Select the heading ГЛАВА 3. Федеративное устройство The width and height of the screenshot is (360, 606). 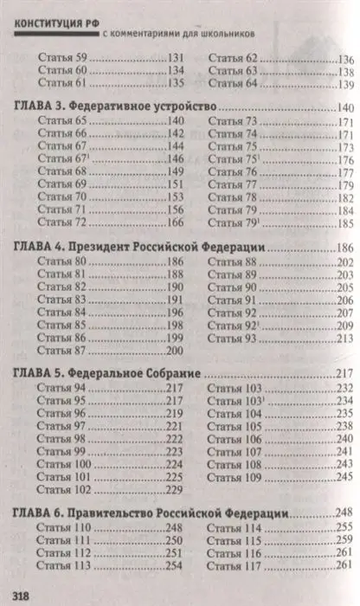click(116, 106)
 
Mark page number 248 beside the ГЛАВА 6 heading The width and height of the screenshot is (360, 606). click(344, 513)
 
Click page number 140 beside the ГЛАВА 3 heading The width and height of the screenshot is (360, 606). click(344, 106)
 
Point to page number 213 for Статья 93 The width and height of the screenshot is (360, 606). click(345, 338)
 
